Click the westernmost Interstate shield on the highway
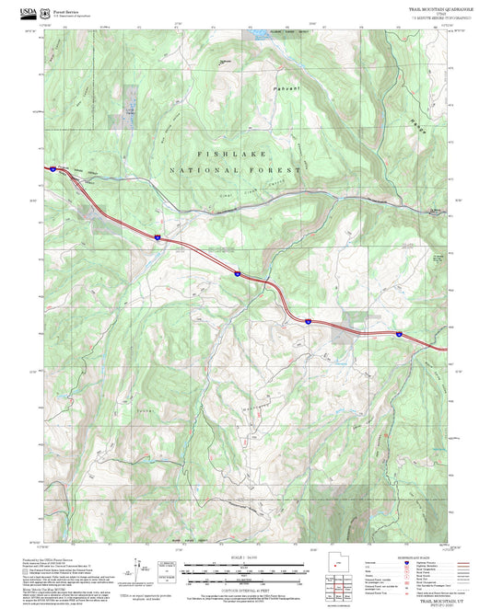click(157, 237)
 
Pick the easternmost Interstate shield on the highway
click(399, 334)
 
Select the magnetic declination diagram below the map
click(143, 568)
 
